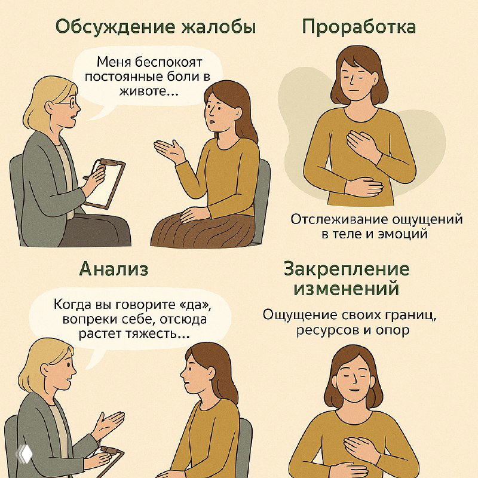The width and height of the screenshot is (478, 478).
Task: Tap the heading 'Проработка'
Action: pyautogui.click(x=358, y=27)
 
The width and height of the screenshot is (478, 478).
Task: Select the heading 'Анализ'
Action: pyautogui.click(x=114, y=269)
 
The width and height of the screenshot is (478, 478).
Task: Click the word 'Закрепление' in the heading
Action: pyautogui.click(x=347, y=269)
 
